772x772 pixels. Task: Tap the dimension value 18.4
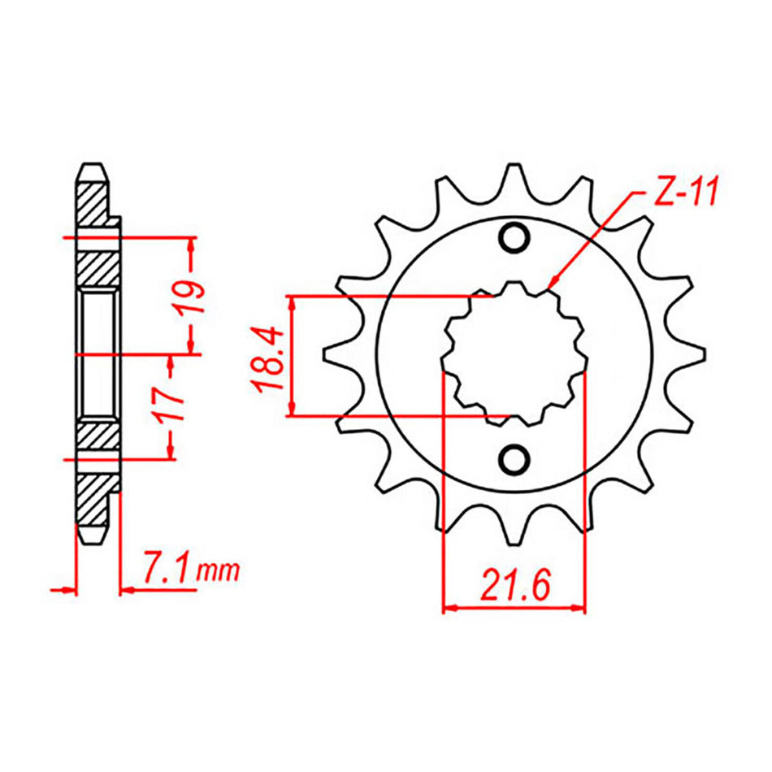[x=270, y=357]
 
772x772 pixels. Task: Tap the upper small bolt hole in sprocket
[x=514, y=239]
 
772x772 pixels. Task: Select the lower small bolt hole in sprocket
[x=514, y=460]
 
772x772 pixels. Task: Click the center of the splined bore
[x=514, y=351]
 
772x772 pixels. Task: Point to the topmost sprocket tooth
[x=514, y=175]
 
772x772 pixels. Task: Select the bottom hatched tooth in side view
[x=95, y=504]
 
